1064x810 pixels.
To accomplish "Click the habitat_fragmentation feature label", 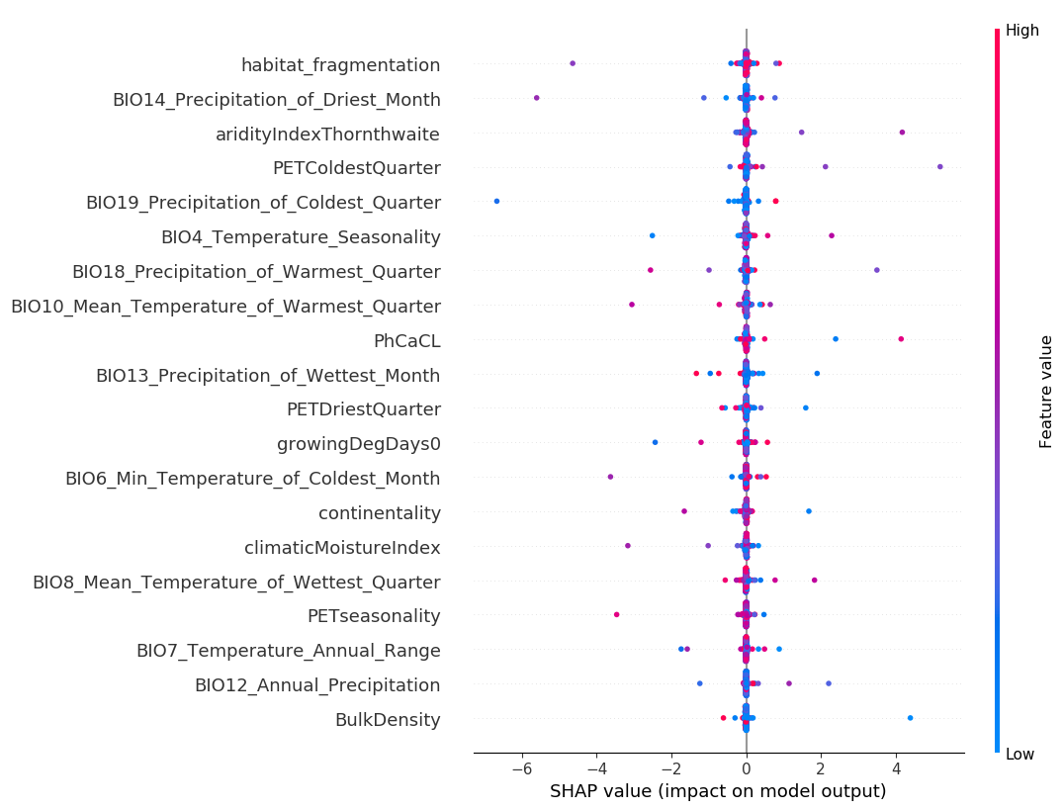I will coord(340,65).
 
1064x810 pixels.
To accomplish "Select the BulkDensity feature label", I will coord(387,720).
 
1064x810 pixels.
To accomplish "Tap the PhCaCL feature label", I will coord(406,341).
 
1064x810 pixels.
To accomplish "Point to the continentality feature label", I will coord(379,513).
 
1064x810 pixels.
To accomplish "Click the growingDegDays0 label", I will coord(358,444).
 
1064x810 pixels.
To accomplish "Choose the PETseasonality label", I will coord(374,616).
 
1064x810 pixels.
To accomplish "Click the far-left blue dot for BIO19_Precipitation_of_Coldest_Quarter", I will coord(496,201).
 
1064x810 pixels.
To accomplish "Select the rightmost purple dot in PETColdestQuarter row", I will coord(939,166).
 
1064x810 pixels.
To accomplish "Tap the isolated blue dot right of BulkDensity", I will coord(910,718).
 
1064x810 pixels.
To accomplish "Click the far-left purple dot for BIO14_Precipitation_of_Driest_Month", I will coord(536,97).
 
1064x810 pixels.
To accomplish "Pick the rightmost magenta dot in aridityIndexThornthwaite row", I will coord(902,132).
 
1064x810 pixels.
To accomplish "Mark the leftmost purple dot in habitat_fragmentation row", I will coord(573,63).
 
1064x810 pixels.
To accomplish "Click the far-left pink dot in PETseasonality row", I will coord(616,614).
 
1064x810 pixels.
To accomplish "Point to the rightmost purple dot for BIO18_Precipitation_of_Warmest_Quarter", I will coord(876,270).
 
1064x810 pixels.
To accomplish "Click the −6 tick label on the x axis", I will coord(522,770).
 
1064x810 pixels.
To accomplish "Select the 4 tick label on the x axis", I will coord(896,770).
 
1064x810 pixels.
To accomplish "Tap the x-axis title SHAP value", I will coord(717,791).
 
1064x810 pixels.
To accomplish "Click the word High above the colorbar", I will coord(1021,31).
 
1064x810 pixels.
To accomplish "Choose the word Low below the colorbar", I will coord(1020,755).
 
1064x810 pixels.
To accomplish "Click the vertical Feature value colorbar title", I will coord(1046,392).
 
